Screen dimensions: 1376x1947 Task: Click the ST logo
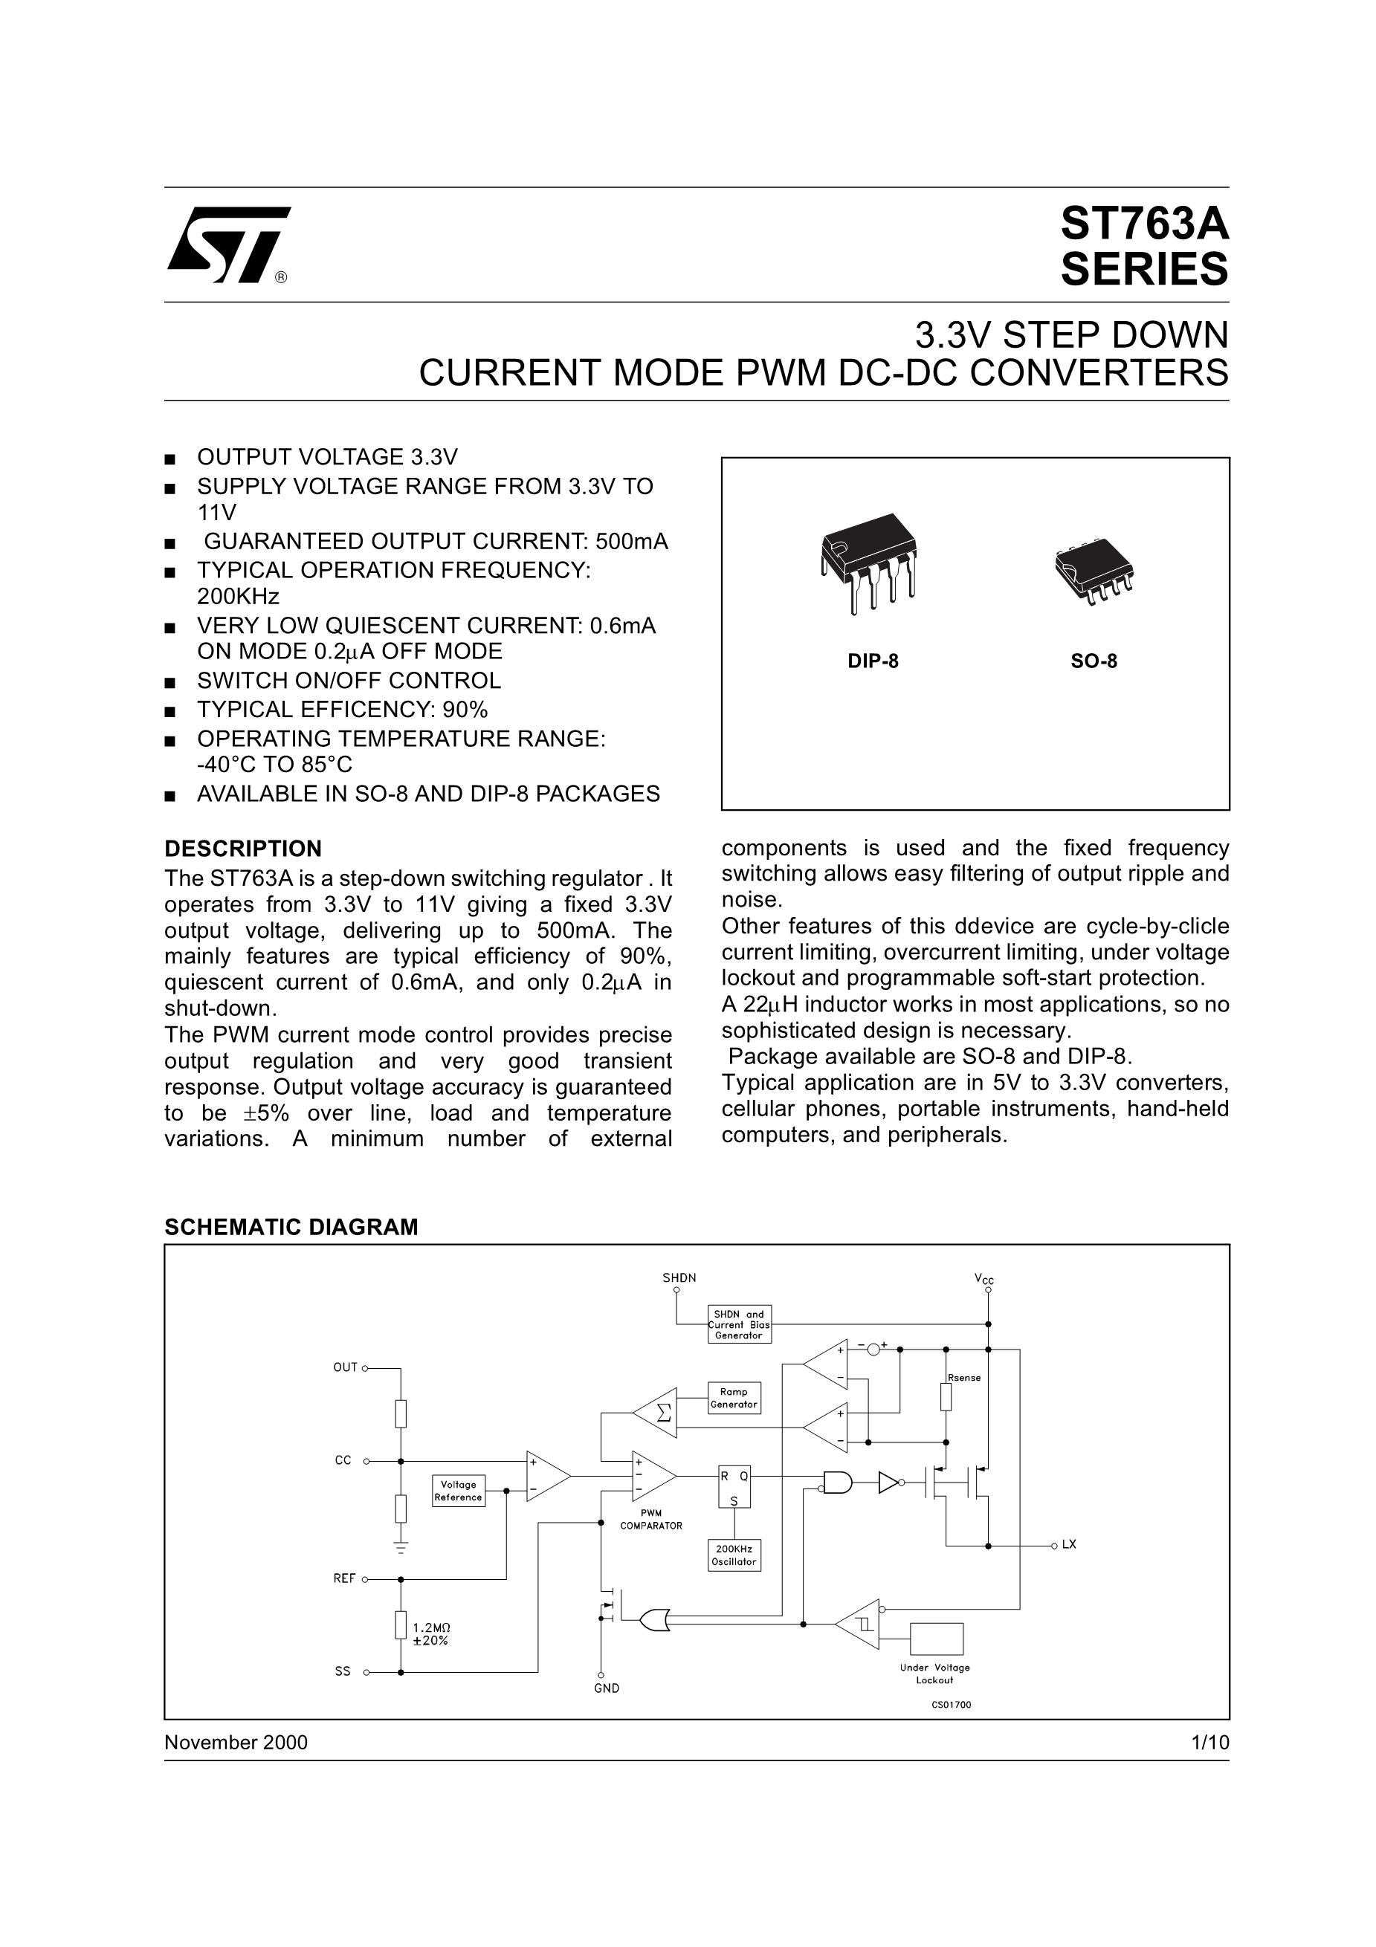(229, 244)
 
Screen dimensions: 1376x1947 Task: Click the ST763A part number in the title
(1143, 224)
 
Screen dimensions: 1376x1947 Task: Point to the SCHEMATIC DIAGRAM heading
(291, 1227)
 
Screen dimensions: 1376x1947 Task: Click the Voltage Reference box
(458, 1491)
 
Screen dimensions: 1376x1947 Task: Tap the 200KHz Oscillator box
(734, 1555)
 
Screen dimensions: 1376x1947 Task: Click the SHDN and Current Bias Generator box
(739, 1324)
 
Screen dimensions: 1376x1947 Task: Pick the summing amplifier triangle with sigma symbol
(655, 1413)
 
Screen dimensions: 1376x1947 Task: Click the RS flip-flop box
(734, 1486)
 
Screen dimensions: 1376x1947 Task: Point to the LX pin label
(1069, 1544)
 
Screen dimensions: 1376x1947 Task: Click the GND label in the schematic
(607, 1688)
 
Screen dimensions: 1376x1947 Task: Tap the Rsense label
(965, 1378)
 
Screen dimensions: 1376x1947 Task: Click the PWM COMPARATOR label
(650, 1520)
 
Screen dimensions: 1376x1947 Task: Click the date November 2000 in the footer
(236, 1743)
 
